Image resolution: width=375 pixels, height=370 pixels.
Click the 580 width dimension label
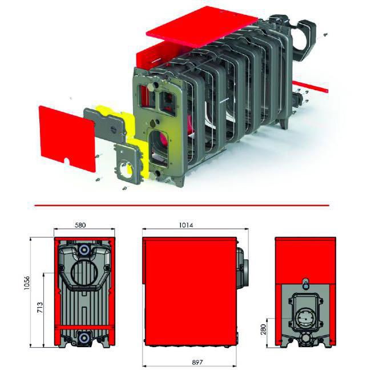click(x=80, y=225)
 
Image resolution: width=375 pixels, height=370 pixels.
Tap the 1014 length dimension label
click(x=186, y=225)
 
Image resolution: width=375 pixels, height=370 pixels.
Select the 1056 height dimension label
click(x=27, y=283)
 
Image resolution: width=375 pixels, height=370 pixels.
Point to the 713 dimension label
click(x=40, y=308)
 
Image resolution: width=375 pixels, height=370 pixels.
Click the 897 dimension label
click(x=197, y=363)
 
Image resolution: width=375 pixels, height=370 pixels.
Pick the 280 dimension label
click(x=263, y=329)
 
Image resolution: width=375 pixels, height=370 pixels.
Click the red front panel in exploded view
click(x=67, y=139)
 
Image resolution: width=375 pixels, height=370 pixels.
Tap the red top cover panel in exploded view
click(x=202, y=26)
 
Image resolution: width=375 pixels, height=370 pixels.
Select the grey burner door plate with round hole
click(x=127, y=164)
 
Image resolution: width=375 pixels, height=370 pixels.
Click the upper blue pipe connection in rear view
click(x=84, y=250)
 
